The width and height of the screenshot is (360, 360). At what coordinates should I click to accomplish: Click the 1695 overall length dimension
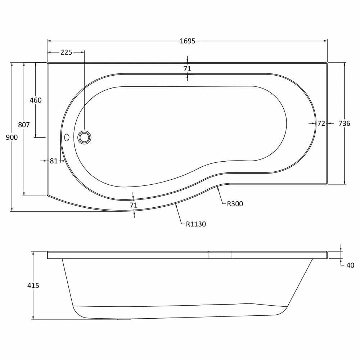(x=187, y=41)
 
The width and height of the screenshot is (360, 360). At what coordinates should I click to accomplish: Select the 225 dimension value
(x=66, y=53)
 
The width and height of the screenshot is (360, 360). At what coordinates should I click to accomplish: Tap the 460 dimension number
(x=36, y=100)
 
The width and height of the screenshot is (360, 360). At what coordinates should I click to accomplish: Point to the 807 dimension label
(x=24, y=125)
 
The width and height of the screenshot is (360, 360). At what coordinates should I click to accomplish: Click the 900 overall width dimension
(x=12, y=137)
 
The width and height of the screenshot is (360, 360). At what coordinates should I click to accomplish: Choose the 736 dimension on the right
(x=344, y=123)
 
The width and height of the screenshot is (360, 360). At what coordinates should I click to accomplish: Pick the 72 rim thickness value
(x=321, y=123)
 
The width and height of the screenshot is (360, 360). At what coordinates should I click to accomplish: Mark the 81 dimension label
(x=54, y=161)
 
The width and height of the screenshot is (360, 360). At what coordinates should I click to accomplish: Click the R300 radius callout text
(x=235, y=204)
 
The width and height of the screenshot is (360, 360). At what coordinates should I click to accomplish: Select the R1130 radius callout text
(x=196, y=224)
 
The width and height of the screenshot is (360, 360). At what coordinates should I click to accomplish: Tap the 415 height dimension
(x=33, y=285)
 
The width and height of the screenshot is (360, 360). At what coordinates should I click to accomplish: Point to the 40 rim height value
(x=350, y=265)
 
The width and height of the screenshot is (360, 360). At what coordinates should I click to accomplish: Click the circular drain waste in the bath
(x=84, y=137)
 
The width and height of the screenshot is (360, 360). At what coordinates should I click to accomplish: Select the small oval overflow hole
(x=66, y=138)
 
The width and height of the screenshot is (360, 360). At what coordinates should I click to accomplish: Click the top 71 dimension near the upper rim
(x=187, y=68)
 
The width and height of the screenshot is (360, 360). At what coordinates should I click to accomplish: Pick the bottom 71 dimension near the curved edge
(x=134, y=205)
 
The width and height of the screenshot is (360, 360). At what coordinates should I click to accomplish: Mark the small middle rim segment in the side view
(x=220, y=255)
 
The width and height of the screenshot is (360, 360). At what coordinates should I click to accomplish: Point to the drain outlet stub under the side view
(x=125, y=319)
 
